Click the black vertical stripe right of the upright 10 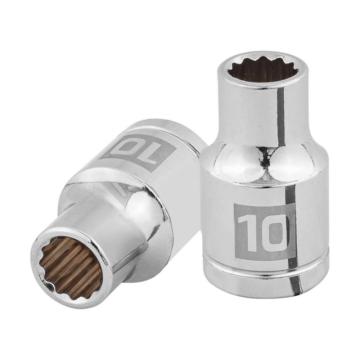pyautogui.click(x=292, y=230)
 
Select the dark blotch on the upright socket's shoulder pyautogui.click(x=266, y=158)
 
